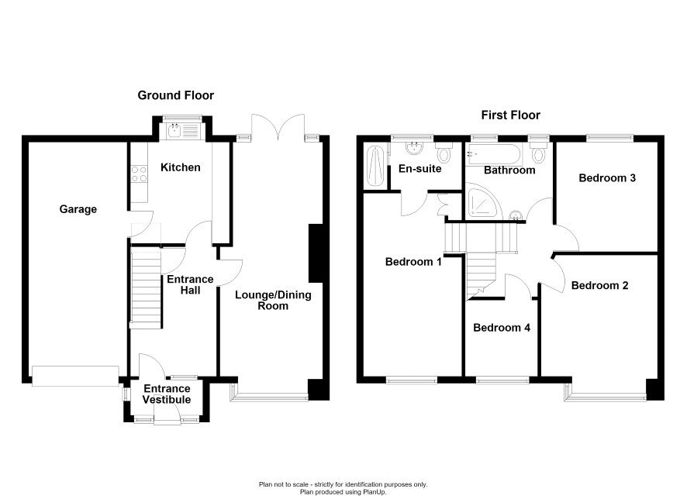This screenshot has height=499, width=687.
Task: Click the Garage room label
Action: click(78, 209)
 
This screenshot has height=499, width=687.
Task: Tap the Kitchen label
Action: click(180, 167)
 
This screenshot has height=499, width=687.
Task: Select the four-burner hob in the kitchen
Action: click(139, 174)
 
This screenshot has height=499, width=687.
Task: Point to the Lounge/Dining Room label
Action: click(273, 301)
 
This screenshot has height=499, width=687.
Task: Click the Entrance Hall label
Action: click(190, 284)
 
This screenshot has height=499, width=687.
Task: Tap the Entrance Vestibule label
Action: click(167, 394)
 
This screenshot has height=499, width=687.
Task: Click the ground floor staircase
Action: click(147, 287)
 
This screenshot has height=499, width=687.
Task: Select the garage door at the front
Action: click(75, 376)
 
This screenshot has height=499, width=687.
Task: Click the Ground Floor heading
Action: click(176, 95)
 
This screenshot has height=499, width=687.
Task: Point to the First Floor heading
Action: click(510, 115)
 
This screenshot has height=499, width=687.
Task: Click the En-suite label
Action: click(419, 168)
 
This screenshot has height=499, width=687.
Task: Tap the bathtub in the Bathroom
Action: click(494, 154)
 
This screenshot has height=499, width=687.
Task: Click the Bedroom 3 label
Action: click(607, 177)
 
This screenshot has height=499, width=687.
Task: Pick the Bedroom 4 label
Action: click(502, 328)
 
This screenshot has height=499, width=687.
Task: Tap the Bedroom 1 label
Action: click(413, 262)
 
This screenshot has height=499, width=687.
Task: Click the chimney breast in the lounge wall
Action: click(316, 253)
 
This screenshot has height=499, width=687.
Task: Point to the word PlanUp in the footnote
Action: click(374, 492)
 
